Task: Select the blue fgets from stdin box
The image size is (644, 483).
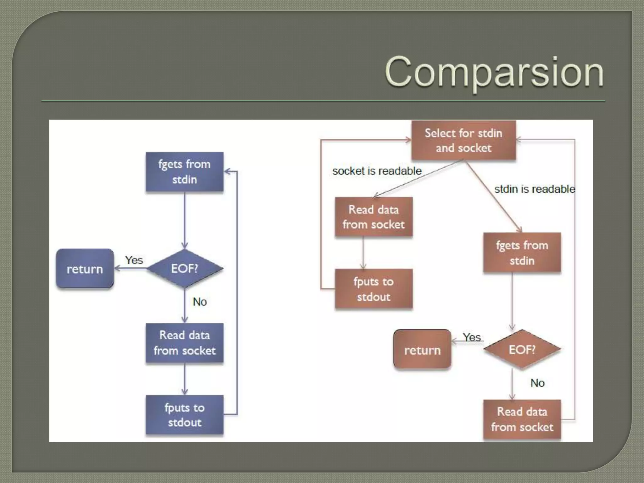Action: [185, 172]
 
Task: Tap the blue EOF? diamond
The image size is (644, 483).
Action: [185, 269]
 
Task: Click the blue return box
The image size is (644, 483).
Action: [85, 269]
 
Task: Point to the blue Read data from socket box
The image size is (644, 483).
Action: [185, 343]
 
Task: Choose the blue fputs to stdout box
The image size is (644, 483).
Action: [185, 415]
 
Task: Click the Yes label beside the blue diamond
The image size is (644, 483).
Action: [134, 260]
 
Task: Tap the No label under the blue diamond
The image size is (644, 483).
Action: [200, 302]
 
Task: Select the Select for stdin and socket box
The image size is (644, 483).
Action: [464, 140]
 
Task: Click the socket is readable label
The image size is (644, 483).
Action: [377, 171]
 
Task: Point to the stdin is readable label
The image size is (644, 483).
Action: [535, 189]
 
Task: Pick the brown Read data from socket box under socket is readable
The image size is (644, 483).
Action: [374, 217]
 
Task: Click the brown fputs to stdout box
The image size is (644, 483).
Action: [374, 289]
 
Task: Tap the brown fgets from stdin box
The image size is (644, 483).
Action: [522, 253]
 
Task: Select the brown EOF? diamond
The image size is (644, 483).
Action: [522, 349]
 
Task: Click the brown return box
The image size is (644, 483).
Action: [422, 350]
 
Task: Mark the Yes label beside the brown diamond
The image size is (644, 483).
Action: [472, 337]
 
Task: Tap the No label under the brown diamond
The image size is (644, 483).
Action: [537, 383]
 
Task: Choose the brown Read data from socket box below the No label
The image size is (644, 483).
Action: [522, 419]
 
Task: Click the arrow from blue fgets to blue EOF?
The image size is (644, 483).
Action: [185, 220]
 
